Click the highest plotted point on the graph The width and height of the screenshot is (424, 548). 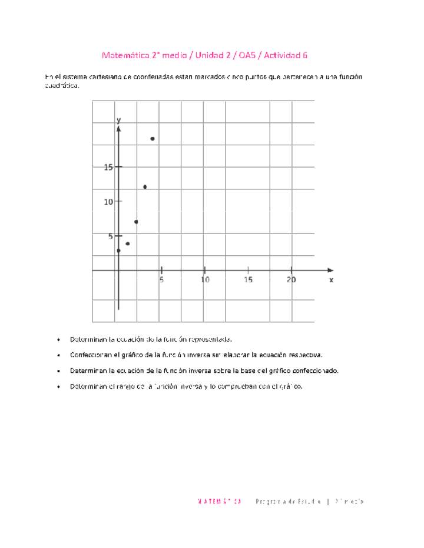point(153,139)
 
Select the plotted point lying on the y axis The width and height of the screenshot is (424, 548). point(118,251)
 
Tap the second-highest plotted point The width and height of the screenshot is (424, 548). point(145,187)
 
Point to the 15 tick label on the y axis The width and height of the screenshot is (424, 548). point(108,167)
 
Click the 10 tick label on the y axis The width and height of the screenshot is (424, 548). point(108,202)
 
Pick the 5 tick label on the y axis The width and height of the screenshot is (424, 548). point(111,236)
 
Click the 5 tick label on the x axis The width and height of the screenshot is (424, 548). point(161,280)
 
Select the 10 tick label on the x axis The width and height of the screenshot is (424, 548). point(205,280)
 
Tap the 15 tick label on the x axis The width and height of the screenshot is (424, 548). point(249,280)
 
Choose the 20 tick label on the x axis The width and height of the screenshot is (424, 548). point(291,280)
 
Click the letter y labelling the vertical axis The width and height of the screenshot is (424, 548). point(118,120)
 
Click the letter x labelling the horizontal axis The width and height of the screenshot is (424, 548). point(331,280)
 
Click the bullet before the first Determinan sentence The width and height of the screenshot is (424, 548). point(59,340)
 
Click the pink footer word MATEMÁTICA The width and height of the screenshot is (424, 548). point(220,502)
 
